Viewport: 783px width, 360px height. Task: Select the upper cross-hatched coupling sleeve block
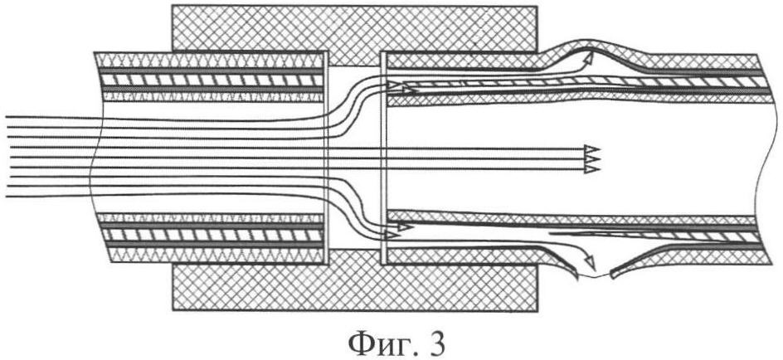coord(354,28)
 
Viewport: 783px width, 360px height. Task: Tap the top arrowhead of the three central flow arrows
coord(592,148)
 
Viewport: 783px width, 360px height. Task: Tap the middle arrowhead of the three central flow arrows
coord(592,158)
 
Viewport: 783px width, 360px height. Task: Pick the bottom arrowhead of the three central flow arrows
coord(592,169)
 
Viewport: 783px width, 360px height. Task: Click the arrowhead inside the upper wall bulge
coord(589,58)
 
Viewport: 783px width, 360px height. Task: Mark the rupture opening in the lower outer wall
coord(594,276)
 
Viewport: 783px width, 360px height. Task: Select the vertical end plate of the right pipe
coord(383,158)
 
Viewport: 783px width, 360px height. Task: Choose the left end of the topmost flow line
coord(6,117)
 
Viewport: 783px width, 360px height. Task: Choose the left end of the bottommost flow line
coord(6,197)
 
